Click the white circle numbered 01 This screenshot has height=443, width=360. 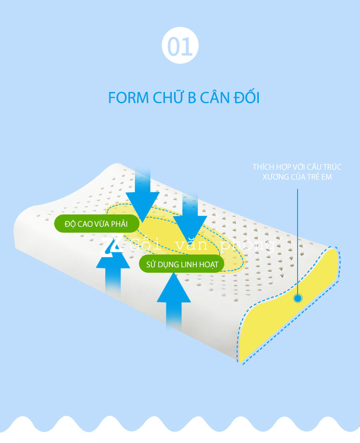pos(180,46)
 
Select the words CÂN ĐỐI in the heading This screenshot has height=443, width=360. pos(231,98)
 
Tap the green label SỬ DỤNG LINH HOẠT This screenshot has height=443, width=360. pos(182,264)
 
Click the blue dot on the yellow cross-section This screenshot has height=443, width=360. pos(298,299)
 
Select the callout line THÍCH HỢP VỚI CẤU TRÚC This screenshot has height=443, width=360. pos(297,167)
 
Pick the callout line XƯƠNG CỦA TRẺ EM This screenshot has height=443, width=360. pos(297,177)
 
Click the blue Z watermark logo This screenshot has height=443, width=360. pos(111,246)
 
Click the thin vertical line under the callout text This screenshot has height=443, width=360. pos(298,237)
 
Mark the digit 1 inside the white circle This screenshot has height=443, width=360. pos(187,46)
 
